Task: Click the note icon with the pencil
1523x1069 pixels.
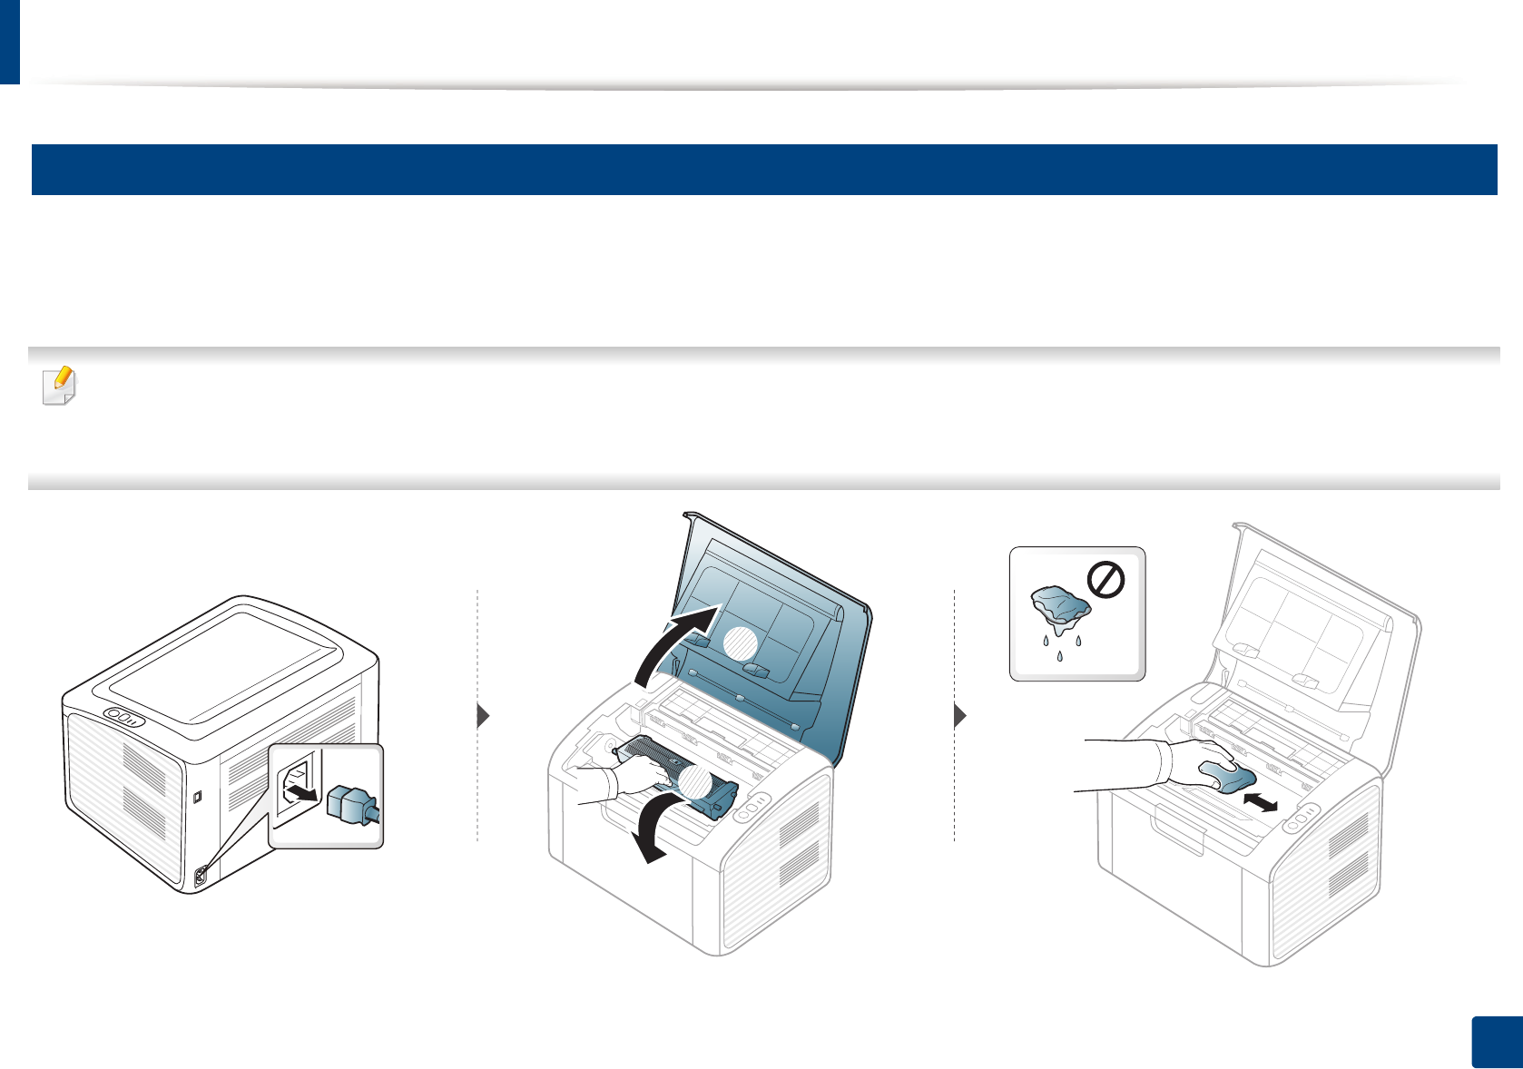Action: point(60,387)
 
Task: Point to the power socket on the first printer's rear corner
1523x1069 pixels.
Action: point(201,876)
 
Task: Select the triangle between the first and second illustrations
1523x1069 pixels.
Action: point(484,716)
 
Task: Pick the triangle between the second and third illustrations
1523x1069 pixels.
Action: point(960,716)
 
